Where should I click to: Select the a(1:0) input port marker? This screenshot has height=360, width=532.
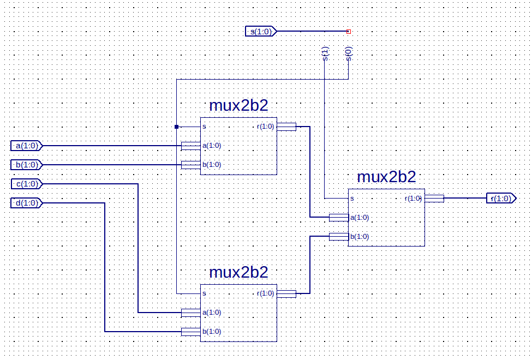pos(26,146)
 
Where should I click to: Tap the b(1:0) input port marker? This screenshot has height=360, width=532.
pos(26,165)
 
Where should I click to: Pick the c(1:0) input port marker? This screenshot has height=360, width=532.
pos(26,184)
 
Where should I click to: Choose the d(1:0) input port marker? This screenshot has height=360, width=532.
pos(26,203)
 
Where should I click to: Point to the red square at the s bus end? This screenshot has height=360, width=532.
pos(349,32)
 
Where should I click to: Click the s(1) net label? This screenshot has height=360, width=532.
pos(325,54)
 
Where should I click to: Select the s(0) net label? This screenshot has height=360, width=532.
pos(349,54)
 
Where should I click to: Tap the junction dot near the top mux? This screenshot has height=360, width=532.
pos(176,127)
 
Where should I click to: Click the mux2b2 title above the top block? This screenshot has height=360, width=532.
pos(238,105)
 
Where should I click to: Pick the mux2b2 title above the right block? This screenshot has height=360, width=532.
pos(386,177)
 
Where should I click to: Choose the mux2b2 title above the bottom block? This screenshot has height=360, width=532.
pos(238,272)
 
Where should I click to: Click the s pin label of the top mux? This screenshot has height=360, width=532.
pos(204,127)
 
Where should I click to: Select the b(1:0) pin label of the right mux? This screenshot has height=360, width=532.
pos(360,237)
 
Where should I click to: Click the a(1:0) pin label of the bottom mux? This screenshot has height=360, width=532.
pos(212,313)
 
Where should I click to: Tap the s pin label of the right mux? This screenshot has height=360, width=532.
pos(352,199)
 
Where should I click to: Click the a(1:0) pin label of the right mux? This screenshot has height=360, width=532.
pos(360,218)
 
